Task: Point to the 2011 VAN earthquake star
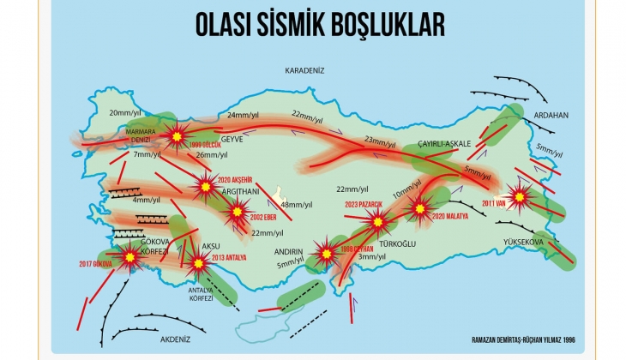pyautogui.click(x=519, y=196)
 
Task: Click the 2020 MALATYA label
pyautogui.click(x=451, y=217)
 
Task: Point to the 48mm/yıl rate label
pyautogui.click(x=299, y=204)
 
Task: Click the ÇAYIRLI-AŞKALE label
pyautogui.click(x=445, y=143)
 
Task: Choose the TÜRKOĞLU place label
pyautogui.click(x=397, y=244)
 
